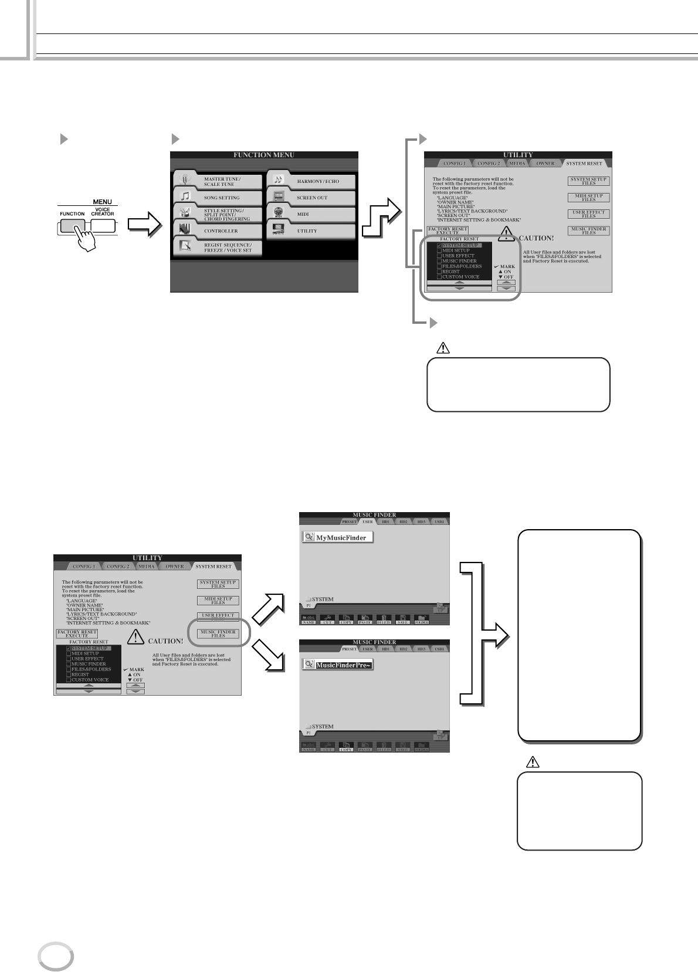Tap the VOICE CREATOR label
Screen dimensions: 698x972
click(x=103, y=212)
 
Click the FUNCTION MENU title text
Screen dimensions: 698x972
click(x=264, y=155)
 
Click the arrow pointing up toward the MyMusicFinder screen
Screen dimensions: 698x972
click(x=269, y=609)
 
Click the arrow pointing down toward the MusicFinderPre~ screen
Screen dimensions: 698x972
click(x=269, y=656)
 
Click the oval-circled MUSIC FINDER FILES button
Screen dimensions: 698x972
click(x=218, y=634)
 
